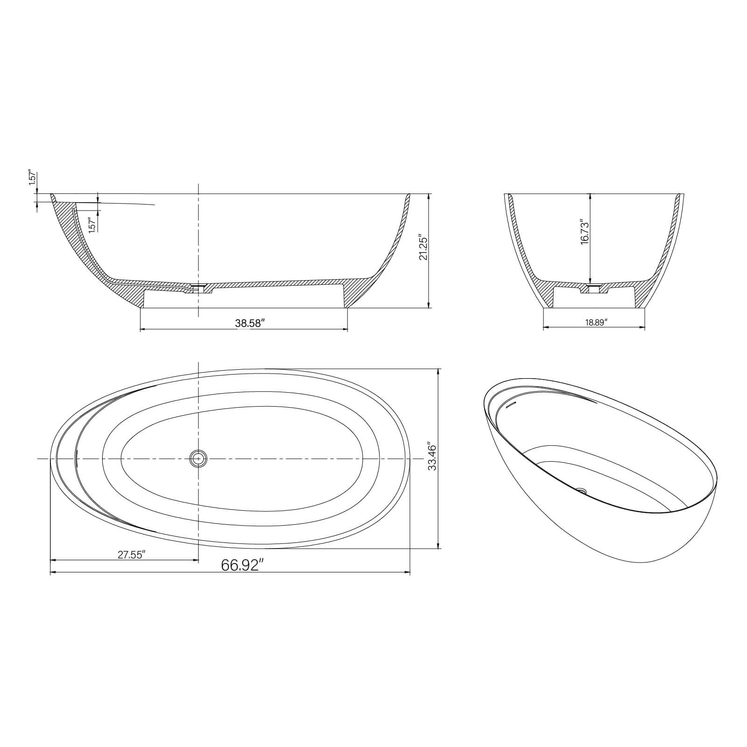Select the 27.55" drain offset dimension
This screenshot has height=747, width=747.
point(132,555)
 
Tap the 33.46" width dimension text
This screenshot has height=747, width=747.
point(432,457)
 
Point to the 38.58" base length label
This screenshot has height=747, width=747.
point(249,323)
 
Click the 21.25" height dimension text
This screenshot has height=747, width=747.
point(423,247)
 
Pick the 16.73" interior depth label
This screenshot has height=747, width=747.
point(585,232)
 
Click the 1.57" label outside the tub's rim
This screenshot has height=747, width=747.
point(32,178)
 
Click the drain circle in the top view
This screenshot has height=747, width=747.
point(198,459)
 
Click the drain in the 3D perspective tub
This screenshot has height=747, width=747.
point(581,490)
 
